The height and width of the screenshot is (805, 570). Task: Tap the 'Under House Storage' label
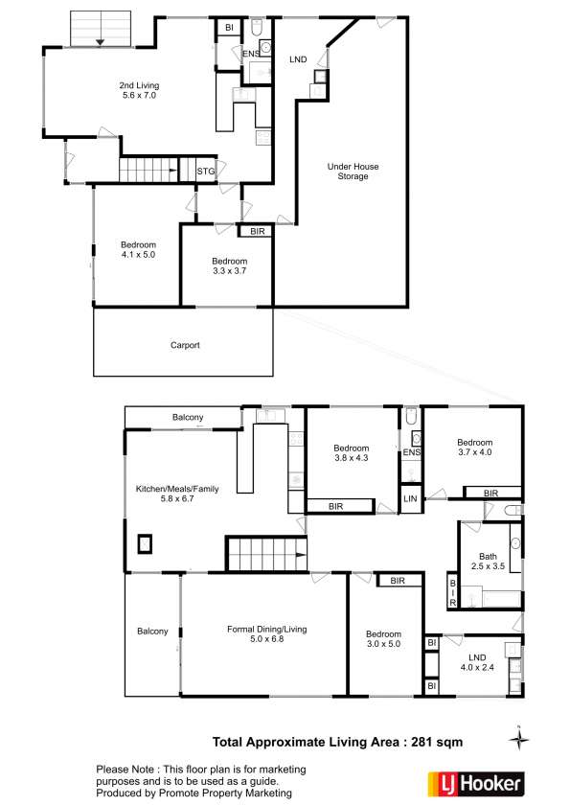coord(353,172)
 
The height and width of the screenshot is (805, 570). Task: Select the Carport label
coord(185,346)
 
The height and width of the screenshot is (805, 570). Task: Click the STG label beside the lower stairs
coord(205,172)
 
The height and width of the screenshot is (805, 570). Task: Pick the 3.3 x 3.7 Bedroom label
coord(229,266)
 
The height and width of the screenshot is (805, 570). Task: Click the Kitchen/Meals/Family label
coord(177,494)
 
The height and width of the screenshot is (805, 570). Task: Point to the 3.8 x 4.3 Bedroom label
coord(351,453)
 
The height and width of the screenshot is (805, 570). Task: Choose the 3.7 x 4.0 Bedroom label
coord(474,446)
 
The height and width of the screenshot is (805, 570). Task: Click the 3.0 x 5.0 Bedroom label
coord(383,640)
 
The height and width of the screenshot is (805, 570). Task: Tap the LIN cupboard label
coord(410,499)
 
